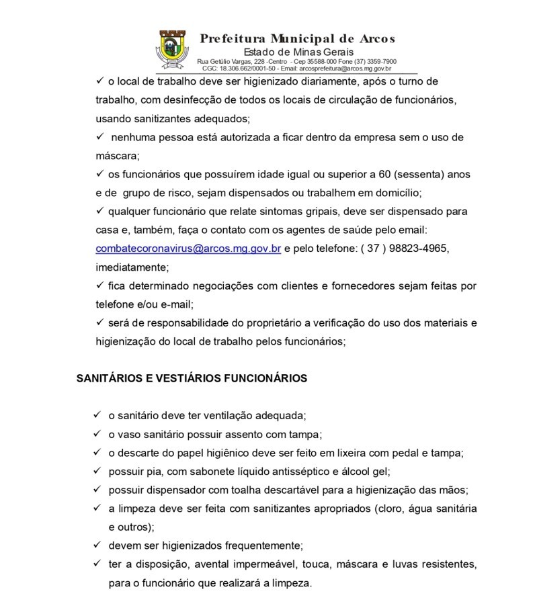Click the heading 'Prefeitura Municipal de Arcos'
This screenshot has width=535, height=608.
[297, 38]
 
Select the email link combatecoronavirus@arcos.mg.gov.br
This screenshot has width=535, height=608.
[188, 248]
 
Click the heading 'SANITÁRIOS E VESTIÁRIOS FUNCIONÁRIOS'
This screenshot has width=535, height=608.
[192, 378]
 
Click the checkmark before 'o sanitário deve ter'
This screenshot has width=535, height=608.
[98, 415]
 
